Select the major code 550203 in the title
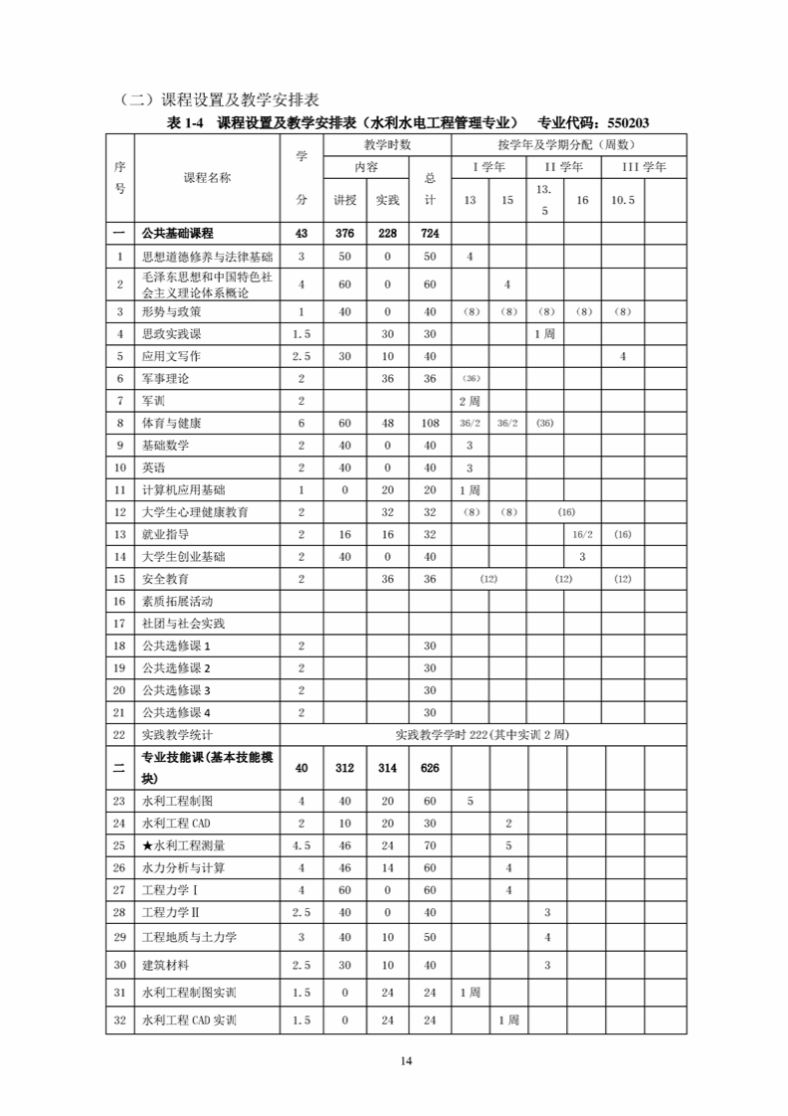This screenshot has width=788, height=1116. coord(623,122)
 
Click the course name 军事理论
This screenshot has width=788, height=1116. coord(166,378)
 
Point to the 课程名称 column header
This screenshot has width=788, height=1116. coord(207,178)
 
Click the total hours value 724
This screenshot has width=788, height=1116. coord(430,234)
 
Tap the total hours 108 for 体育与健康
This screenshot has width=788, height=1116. coord(430,424)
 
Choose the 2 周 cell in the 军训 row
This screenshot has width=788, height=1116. coord(470,401)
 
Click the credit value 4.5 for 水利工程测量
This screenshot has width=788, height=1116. coord(301,845)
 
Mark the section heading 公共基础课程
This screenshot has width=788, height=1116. coord(178,234)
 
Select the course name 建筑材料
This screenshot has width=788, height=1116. coord(166,965)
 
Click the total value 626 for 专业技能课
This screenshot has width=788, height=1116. coord(430,768)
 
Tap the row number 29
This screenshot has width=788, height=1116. coord(119,937)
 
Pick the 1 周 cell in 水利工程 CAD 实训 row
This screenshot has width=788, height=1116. coord(507,1021)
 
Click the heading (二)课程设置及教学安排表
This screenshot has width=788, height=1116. coord(218,99)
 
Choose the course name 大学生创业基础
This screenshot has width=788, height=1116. coord(183,557)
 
